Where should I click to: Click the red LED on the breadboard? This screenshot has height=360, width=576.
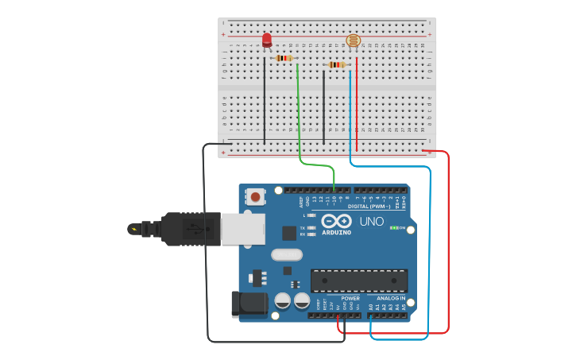[266, 40]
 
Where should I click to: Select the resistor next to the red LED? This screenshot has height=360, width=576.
[284, 58]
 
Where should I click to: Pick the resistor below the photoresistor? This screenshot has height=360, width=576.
[337, 65]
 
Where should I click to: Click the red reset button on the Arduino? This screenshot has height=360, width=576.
[255, 195]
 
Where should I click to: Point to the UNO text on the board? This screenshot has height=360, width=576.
[372, 222]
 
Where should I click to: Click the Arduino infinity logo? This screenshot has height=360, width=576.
[336, 222]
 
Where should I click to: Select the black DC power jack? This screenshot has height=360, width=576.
[247, 305]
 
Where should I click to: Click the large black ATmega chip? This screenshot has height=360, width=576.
[358, 281]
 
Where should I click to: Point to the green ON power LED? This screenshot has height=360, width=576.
[394, 228]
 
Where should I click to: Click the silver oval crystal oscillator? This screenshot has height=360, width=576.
[286, 255]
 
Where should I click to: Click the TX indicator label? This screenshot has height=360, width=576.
[304, 227]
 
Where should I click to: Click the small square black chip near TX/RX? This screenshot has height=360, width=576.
[289, 233]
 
